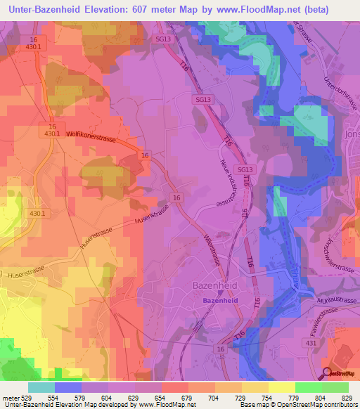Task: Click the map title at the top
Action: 179,8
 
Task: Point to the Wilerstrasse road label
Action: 213,249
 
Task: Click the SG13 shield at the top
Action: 162,39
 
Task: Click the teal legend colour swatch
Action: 41,387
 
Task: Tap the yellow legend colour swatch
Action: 282,387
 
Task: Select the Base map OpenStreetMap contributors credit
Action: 297,405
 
